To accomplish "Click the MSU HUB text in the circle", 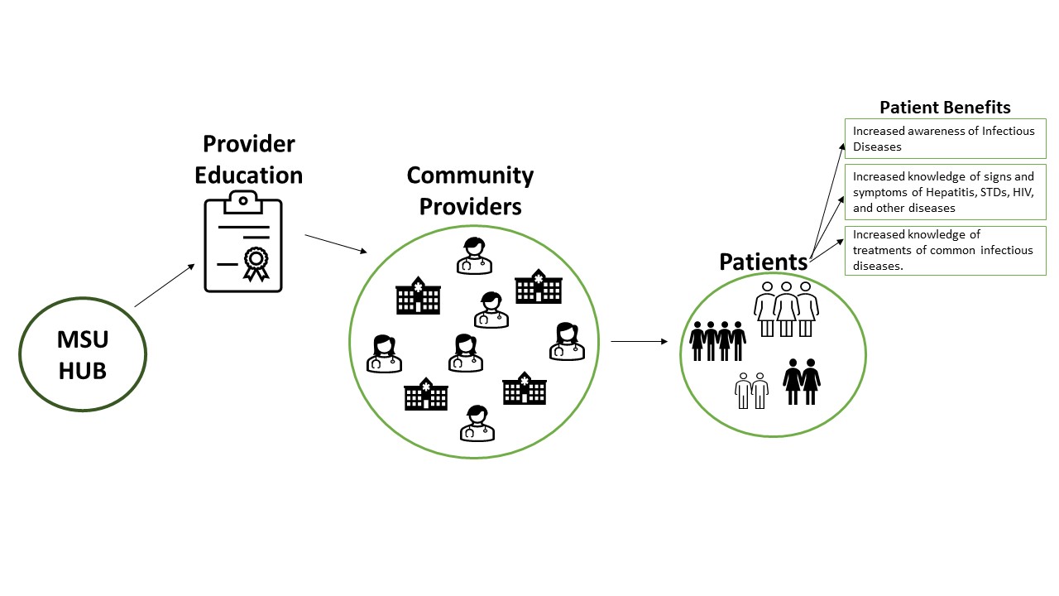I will click(82, 354).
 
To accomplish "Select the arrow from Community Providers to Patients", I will click(639, 340).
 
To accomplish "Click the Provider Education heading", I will click(249, 159).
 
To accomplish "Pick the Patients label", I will click(763, 262).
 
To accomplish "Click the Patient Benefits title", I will click(945, 107).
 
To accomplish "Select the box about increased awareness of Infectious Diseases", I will click(945, 139).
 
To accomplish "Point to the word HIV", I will click(1023, 192).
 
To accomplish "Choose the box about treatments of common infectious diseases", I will click(945, 250).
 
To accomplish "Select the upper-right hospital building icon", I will click(539, 287).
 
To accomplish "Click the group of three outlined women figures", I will click(785, 308).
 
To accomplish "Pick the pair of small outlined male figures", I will click(751, 390).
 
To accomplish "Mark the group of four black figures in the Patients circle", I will click(717, 340).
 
